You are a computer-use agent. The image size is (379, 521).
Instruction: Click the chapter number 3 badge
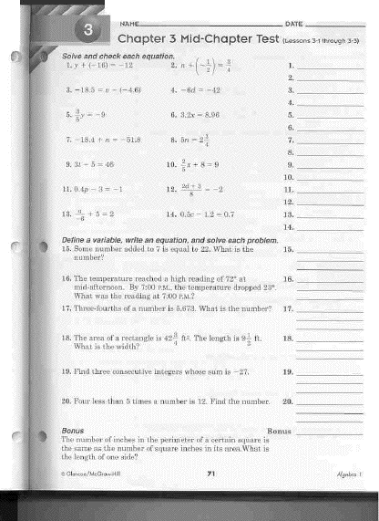click(x=88, y=31)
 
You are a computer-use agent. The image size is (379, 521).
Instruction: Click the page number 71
click(x=210, y=473)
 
